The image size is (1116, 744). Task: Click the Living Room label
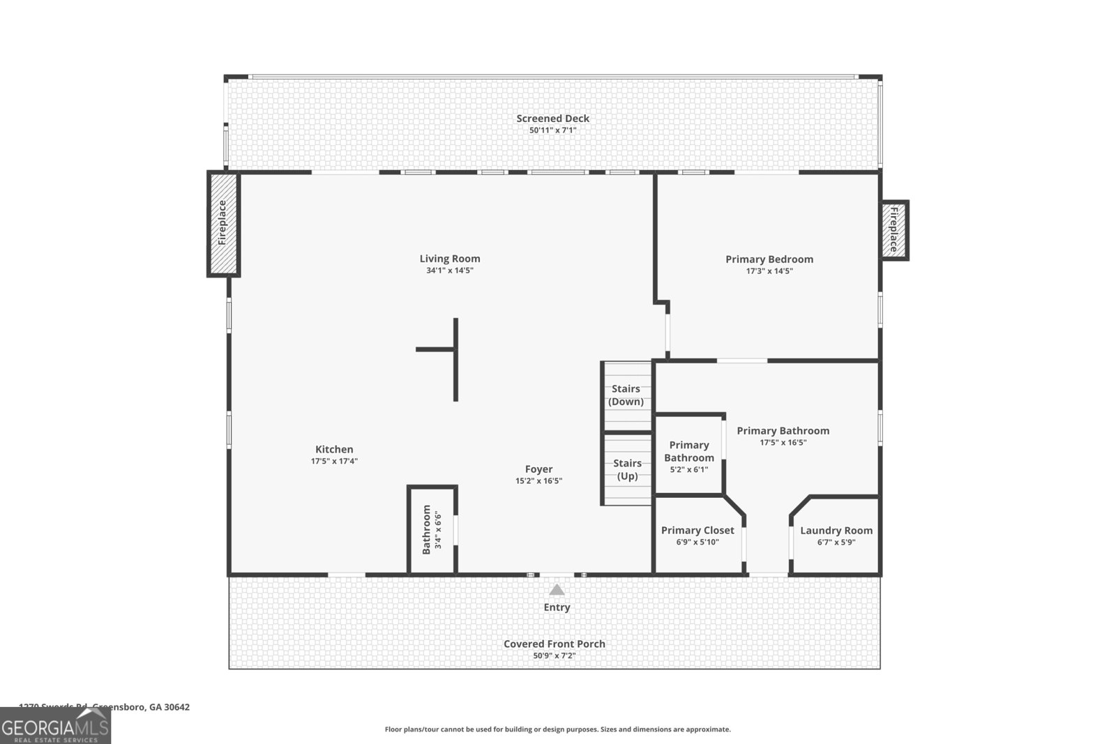point(449,259)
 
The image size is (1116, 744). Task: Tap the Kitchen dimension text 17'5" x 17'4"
point(334,461)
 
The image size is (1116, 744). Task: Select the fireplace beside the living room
point(223,223)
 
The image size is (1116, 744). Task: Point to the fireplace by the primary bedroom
point(893,230)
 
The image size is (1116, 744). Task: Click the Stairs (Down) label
point(626,395)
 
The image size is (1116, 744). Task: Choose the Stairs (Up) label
point(626,469)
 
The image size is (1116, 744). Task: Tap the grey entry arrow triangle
point(556,590)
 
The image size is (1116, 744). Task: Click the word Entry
point(557,607)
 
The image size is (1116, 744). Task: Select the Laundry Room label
point(836,531)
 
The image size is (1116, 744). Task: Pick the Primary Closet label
point(697,531)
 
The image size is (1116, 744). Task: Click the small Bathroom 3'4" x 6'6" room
point(432,530)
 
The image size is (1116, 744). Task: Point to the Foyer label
point(538,469)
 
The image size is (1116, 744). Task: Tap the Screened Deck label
point(552,119)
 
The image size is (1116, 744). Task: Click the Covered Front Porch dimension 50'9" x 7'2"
point(554,656)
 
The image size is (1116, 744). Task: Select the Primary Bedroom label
point(769,259)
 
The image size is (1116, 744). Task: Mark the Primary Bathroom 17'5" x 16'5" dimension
point(783,442)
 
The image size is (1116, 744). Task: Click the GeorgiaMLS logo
point(55,726)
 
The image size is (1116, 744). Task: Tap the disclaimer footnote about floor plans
point(557,729)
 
